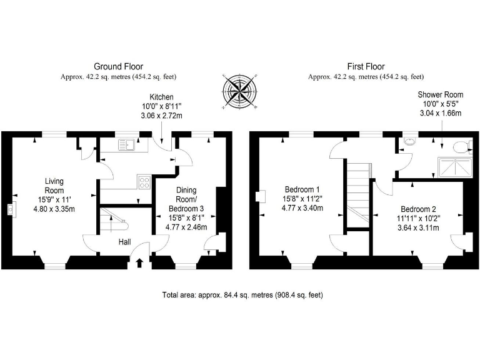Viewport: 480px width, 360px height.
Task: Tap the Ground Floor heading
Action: [x=118, y=66]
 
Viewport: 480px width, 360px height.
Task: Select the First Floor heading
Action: [x=366, y=66]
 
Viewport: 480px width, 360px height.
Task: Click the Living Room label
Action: [x=54, y=186]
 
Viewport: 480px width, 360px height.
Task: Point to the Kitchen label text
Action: [x=161, y=97]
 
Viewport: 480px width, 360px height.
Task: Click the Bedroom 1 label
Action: [x=302, y=190]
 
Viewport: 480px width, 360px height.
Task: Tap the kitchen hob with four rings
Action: [x=144, y=182]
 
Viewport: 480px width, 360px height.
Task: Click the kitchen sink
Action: [x=127, y=145]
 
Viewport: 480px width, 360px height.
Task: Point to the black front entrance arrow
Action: [x=139, y=262]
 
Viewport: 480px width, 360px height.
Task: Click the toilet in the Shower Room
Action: [x=462, y=147]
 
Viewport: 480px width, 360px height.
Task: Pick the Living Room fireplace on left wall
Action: [x=11, y=210]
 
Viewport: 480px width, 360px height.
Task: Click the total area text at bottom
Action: [x=242, y=294]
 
